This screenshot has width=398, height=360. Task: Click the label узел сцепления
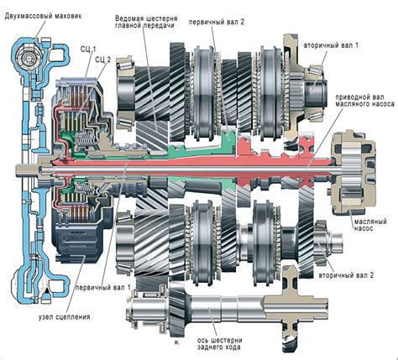[60, 316]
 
